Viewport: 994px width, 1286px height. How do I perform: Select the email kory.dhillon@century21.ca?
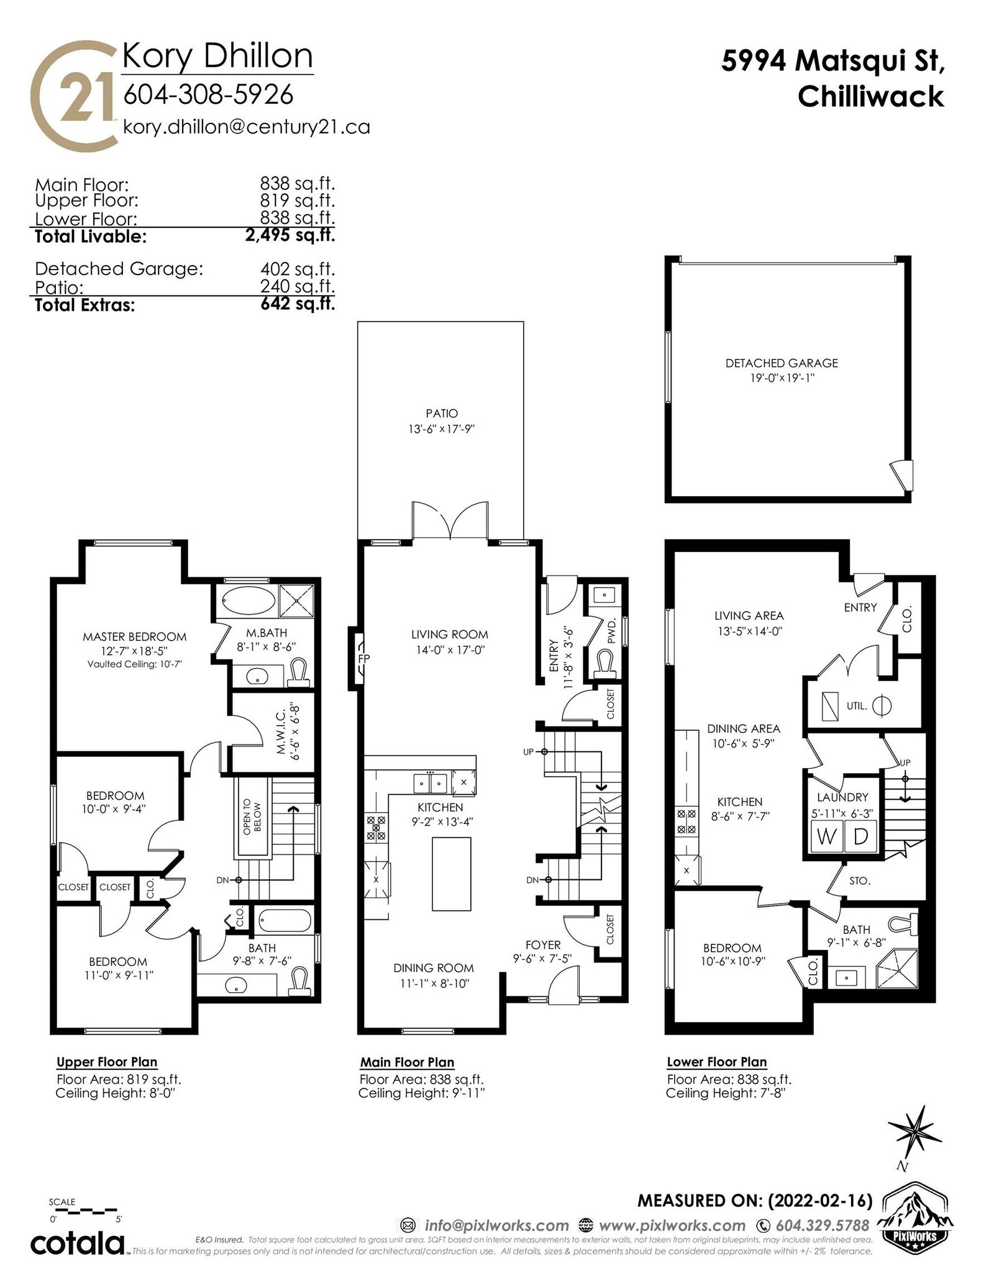pyautogui.click(x=247, y=127)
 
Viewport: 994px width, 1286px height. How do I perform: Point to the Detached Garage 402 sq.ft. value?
pyautogui.click(x=298, y=269)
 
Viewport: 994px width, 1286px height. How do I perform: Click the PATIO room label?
pyautogui.click(x=442, y=413)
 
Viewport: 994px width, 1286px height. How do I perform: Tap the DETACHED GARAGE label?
pyautogui.click(x=782, y=363)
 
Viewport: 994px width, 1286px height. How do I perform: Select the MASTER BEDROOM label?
pyautogui.click(x=135, y=636)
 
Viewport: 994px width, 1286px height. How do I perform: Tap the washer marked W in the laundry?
pyautogui.click(x=826, y=837)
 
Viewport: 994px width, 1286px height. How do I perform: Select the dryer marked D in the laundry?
pyautogui.click(x=860, y=837)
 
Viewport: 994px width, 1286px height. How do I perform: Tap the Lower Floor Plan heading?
pyautogui.click(x=717, y=1062)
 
